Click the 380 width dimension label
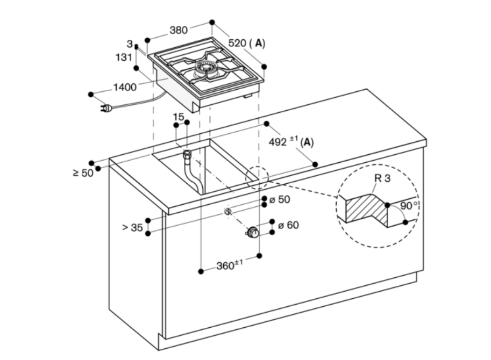[179, 30]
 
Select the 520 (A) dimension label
[247, 43]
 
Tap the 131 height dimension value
[124, 57]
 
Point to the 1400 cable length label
[125, 87]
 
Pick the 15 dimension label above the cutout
[179, 117]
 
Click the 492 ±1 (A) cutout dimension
[291, 141]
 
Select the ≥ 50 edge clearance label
[83, 173]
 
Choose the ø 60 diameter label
[288, 225]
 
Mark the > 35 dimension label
[133, 227]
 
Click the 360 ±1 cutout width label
[230, 265]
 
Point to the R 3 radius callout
[382, 178]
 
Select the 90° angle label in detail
[409, 205]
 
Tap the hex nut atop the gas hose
[187, 154]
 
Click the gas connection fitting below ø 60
[252, 233]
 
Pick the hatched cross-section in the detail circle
[366, 209]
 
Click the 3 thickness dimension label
[130, 44]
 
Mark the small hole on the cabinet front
[227, 212]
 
